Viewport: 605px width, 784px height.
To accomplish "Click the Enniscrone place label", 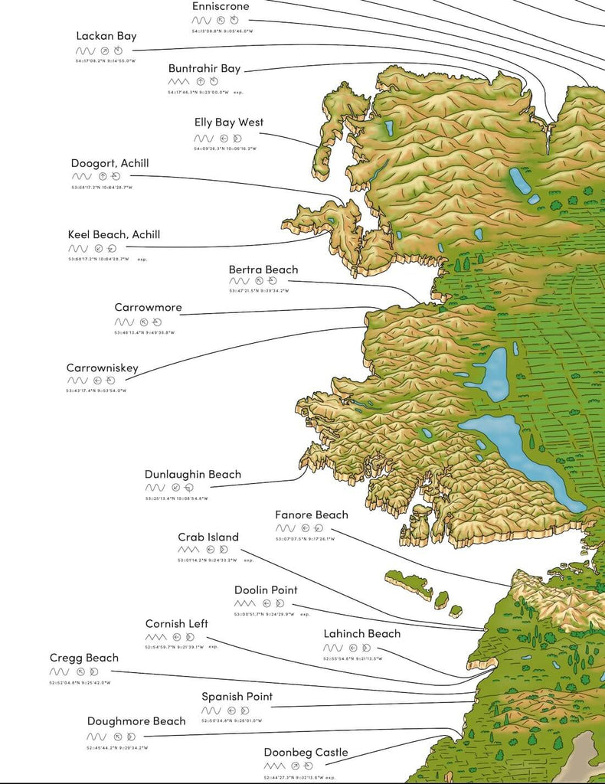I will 221,6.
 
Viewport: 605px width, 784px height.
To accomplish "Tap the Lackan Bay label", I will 106,36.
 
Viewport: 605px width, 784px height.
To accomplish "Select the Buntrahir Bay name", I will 204,68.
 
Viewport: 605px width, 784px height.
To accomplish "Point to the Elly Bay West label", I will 229,122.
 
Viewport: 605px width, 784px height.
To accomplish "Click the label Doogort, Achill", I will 110,163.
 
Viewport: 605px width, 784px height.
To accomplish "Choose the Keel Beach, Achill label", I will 114,234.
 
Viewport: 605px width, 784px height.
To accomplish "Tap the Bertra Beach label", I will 263,269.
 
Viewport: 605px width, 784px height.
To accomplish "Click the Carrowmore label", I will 149,307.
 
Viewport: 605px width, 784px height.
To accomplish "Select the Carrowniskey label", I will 103,367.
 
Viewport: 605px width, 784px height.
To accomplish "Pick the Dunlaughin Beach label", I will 193,474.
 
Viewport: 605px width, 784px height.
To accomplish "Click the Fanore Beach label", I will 312,514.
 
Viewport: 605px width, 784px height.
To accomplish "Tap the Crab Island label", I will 208,537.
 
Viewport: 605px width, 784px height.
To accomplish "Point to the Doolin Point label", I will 266,590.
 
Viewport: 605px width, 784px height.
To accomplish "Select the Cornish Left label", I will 177,623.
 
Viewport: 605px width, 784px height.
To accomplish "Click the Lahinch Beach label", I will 361,633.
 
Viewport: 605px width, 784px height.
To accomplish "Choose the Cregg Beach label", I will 84,658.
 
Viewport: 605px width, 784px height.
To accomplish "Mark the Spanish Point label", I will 237,696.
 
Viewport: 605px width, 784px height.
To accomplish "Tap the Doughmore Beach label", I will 136,720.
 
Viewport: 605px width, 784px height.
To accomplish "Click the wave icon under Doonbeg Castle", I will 274,766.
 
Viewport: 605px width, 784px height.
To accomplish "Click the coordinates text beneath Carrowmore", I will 145,333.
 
